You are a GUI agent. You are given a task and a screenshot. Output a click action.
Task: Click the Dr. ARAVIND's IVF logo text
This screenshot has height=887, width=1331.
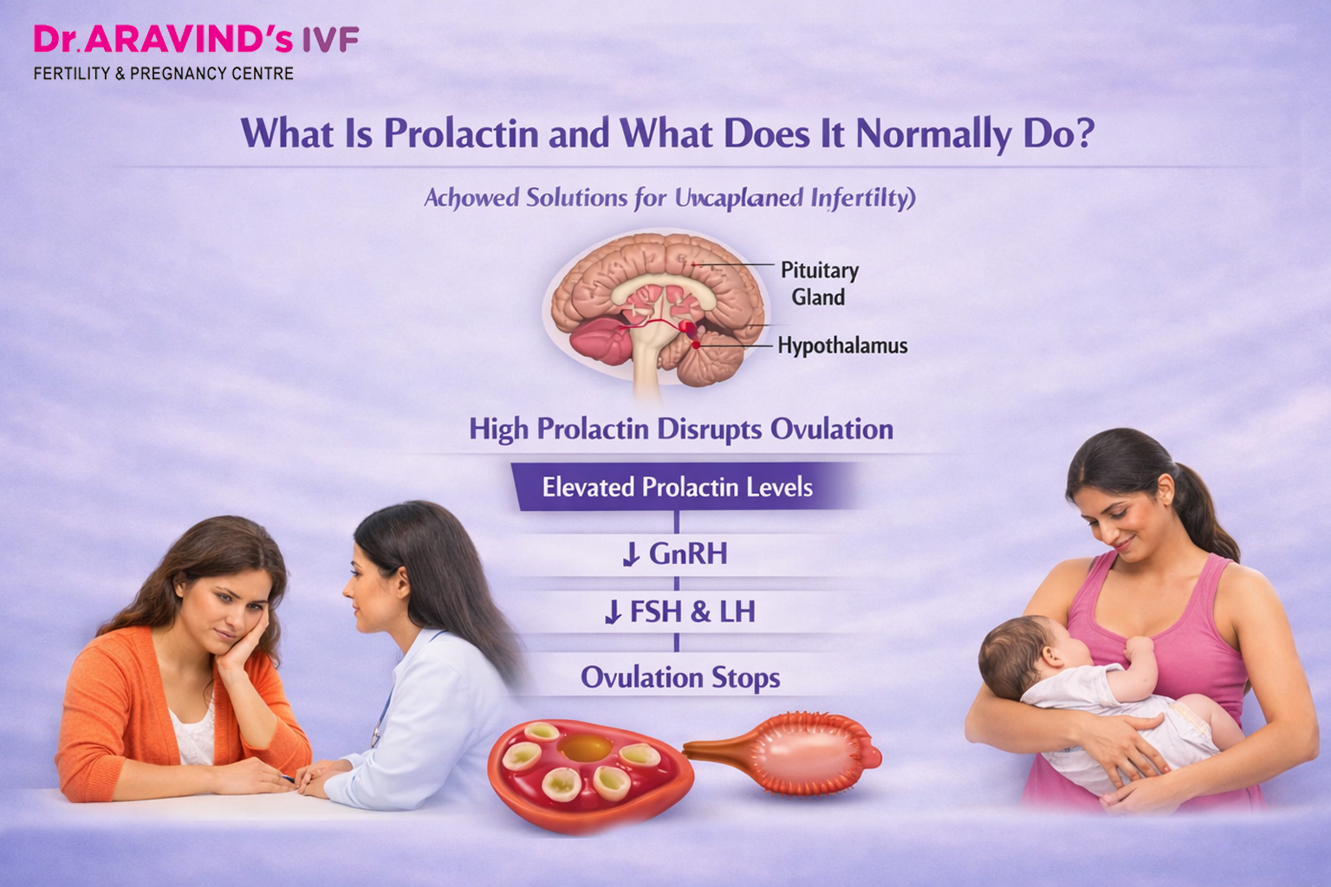(x=196, y=40)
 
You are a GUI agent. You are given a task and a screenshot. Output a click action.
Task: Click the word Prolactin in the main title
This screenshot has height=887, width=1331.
(x=461, y=134)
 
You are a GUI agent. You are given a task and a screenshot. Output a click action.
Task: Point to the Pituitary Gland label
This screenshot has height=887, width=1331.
(x=819, y=283)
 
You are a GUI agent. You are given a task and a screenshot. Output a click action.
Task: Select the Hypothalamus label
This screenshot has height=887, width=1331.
(x=842, y=346)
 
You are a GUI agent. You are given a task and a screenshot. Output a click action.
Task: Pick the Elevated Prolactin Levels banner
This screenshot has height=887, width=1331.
(x=677, y=487)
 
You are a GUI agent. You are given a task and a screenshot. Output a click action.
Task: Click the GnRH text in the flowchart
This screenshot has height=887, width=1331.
(x=688, y=554)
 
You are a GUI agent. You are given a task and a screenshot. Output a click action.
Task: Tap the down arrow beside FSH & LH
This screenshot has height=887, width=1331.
(x=613, y=612)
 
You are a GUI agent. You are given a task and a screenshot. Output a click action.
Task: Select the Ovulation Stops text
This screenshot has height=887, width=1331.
(x=680, y=677)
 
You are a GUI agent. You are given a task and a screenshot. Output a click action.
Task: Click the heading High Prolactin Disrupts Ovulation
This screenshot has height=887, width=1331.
(x=681, y=430)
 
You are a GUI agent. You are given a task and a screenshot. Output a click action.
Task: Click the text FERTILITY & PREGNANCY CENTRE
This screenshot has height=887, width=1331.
(x=164, y=74)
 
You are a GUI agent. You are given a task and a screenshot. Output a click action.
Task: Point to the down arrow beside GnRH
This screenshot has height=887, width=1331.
(x=631, y=554)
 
